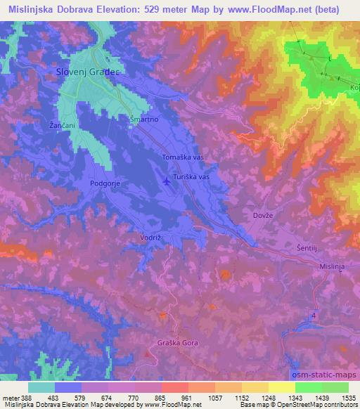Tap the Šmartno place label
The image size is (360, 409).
coord(144,119)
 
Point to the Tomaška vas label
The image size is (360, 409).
coord(182,157)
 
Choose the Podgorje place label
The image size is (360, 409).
coord(106,183)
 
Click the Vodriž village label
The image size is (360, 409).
coord(151,238)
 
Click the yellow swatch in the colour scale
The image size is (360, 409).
coord(281,387)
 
